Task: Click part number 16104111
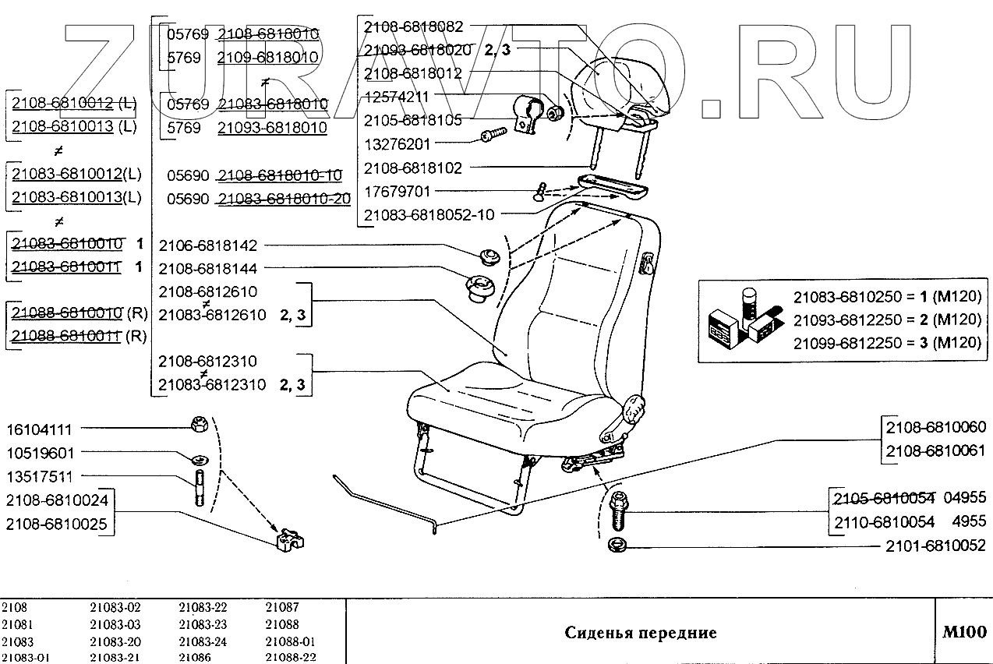(x=39, y=429)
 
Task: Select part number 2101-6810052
(x=935, y=546)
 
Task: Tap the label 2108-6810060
(x=935, y=427)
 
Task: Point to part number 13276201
(x=397, y=144)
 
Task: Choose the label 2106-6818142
(x=207, y=245)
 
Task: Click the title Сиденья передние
(x=640, y=632)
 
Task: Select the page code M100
(x=963, y=632)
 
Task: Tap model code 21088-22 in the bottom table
(x=290, y=657)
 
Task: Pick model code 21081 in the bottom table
(x=17, y=624)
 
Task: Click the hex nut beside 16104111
(x=197, y=425)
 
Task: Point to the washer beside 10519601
(x=199, y=456)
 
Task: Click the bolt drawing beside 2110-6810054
(x=617, y=510)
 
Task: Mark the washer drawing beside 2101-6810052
(x=617, y=543)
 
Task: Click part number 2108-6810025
(x=57, y=523)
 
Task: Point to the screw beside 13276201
(x=490, y=136)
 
